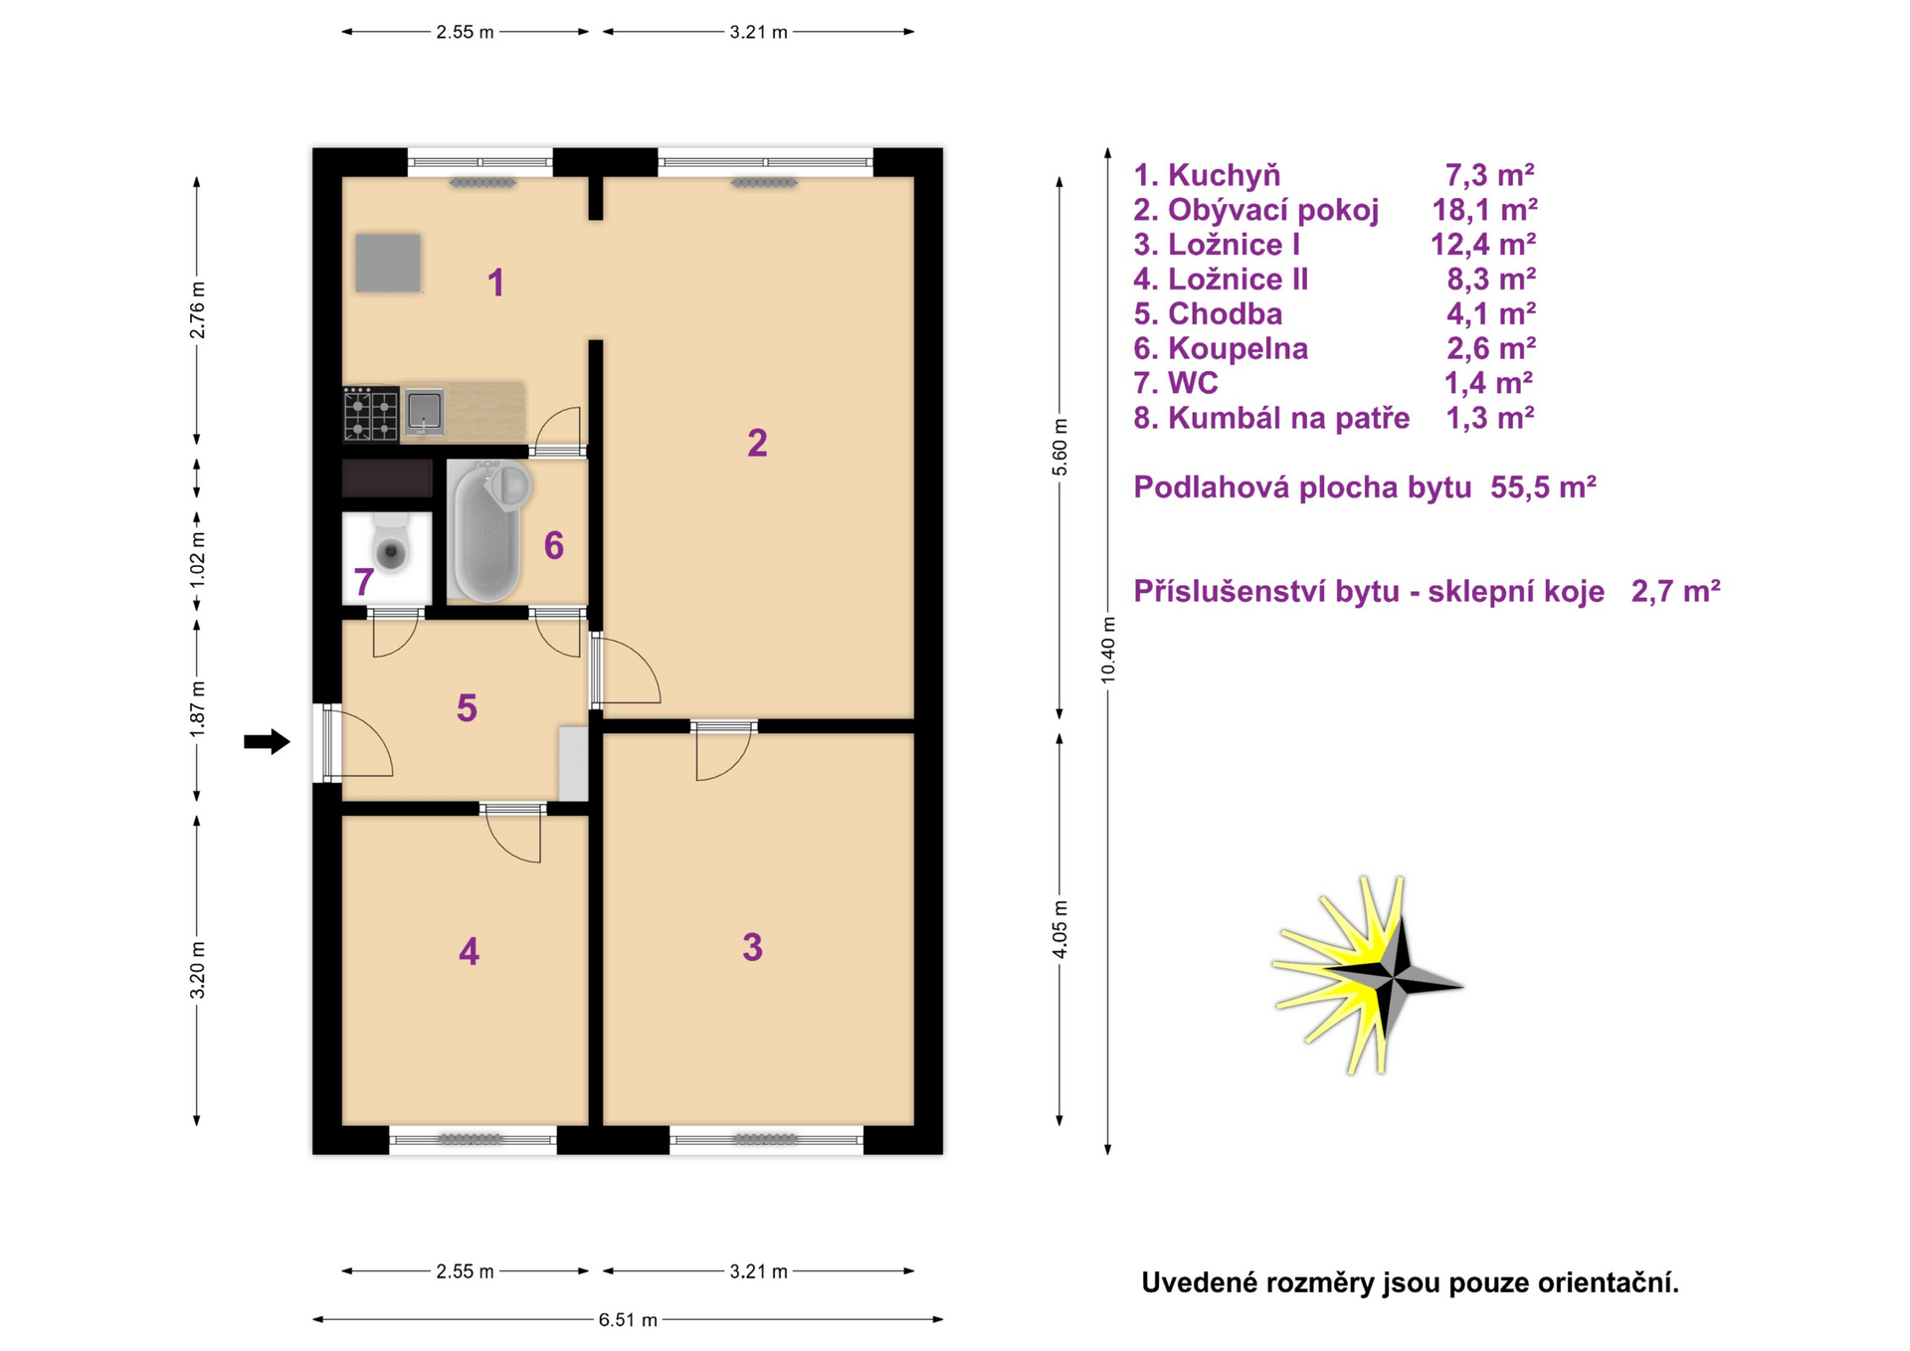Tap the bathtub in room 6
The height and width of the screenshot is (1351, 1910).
486,533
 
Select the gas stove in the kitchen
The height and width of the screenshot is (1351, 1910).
371,415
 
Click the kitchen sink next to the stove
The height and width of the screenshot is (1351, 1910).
425,412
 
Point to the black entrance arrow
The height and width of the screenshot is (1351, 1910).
267,741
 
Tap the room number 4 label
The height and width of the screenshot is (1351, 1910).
469,952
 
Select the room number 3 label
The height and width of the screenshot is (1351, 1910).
752,947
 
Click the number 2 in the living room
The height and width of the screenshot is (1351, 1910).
757,443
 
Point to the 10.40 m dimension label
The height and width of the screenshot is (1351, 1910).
1108,650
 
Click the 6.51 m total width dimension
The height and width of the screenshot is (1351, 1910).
628,1320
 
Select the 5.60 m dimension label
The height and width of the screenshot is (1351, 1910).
1059,447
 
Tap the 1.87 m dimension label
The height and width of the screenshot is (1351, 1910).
197,709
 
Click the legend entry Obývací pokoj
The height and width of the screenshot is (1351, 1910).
1273,210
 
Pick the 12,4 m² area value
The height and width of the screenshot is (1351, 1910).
1483,245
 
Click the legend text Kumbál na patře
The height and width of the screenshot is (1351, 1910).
1288,418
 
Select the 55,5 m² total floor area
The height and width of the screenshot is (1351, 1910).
1543,487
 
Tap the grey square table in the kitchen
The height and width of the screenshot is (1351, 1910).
388,264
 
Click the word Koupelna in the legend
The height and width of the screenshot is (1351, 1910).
1238,349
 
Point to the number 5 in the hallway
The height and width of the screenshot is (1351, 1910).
467,708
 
